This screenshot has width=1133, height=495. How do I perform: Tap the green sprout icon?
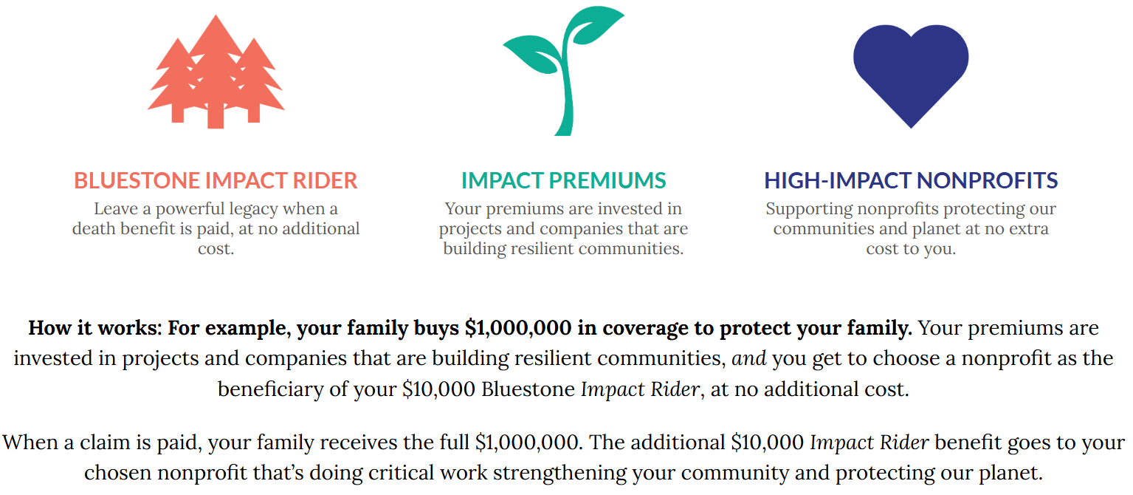564,71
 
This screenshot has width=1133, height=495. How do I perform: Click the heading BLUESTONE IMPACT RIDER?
216,181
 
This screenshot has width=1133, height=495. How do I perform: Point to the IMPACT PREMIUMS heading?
564,181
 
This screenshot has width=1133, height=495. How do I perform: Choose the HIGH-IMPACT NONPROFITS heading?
911,181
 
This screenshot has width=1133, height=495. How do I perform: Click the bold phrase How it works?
95,328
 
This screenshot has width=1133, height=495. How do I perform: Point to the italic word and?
749,359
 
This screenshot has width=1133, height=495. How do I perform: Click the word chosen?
117,473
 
